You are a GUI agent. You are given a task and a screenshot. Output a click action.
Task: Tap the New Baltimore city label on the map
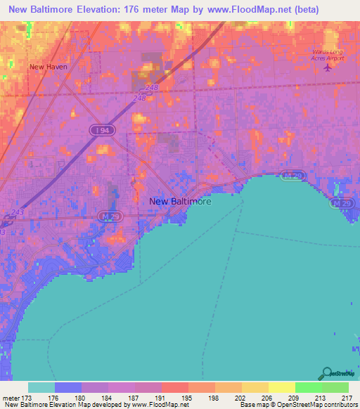[x=180, y=201]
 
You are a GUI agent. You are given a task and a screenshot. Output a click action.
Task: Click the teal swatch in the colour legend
[x=41, y=387]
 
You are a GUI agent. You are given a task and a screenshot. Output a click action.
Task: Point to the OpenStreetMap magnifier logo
[x=325, y=374]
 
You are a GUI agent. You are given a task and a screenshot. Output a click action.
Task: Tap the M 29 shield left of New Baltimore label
[x=107, y=216]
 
